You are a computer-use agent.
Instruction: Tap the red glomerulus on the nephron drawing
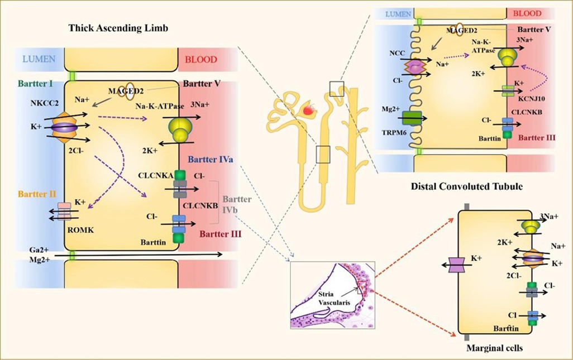point(308,111)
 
